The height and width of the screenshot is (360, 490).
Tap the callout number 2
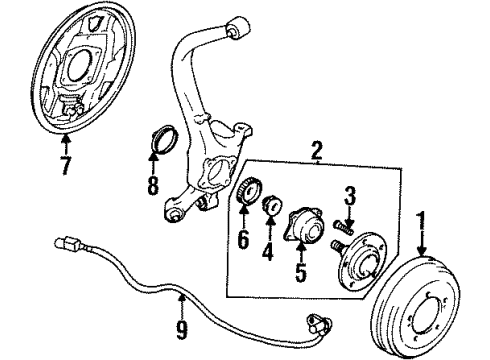click(x=317, y=152)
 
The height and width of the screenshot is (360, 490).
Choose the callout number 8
click(x=153, y=184)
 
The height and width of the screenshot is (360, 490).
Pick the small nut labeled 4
click(x=271, y=209)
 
